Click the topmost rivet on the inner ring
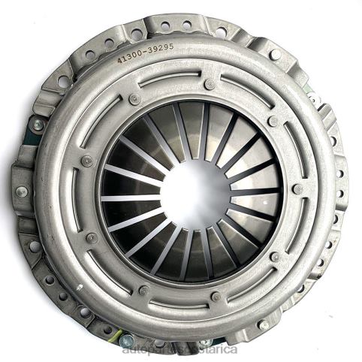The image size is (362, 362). coord(210,84)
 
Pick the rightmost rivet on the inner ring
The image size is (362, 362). coord(298,189)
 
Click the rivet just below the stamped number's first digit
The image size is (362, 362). coord(134,98)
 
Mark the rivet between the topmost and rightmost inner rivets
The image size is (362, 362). coord(273,121)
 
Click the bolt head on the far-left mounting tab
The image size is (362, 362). coord(21,192)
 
